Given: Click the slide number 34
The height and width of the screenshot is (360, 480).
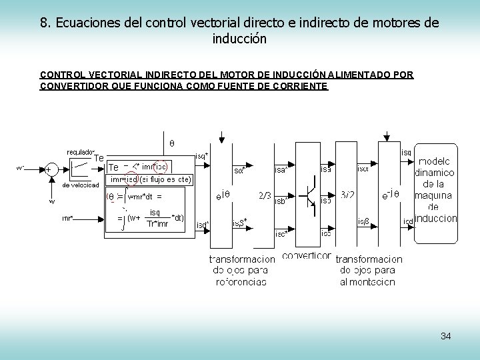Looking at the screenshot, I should [x=446, y=335].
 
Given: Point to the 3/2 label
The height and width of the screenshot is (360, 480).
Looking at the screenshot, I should [x=347, y=195].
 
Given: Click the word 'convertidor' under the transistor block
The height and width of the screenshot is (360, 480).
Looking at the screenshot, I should [x=306, y=255].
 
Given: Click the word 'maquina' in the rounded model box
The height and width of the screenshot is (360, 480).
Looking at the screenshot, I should [x=435, y=195].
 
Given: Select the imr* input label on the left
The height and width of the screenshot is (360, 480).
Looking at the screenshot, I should [x=67, y=218].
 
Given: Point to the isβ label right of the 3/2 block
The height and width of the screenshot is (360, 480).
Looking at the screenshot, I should [x=364, y=221].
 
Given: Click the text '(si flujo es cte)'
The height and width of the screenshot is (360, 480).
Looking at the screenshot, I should [x=165, y=179].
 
